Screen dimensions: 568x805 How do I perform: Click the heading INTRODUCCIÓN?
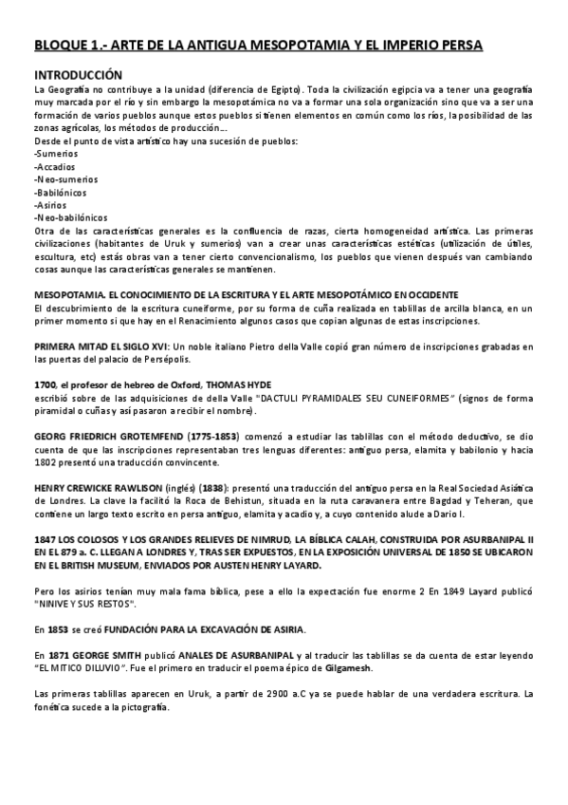(79, 73)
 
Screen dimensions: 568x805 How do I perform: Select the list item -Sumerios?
(56, 153)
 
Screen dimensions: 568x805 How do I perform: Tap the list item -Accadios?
(56, 165)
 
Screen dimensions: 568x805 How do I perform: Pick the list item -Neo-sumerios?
(64, 178)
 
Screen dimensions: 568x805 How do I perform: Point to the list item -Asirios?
(51, 203)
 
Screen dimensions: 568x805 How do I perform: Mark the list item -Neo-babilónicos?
(70, 216)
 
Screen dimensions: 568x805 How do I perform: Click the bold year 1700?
(45, 384)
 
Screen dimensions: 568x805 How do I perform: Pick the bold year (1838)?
(214, 488)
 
